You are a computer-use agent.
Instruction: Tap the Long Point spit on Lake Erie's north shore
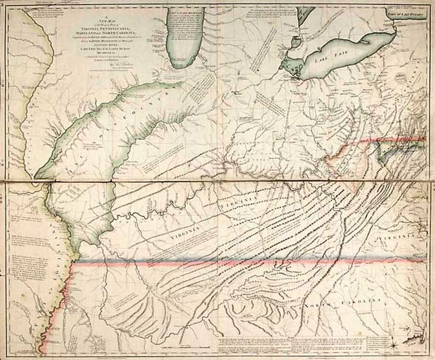(x=365, y=42)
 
